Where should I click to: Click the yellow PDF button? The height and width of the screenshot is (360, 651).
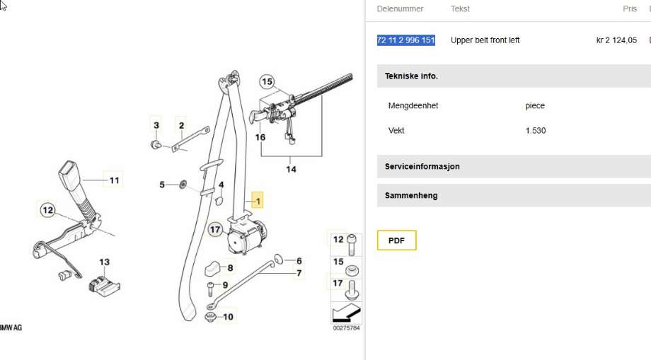tap(396, 240)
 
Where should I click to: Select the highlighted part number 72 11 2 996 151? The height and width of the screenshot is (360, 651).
tap(406, 40)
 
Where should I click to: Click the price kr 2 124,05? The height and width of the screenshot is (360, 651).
tap(616, 40)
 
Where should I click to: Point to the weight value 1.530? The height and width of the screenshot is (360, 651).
tap(536, 130)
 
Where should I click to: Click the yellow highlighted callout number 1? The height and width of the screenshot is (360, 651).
tap(258, 201)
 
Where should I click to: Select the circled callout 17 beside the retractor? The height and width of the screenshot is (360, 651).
tap(215, 229)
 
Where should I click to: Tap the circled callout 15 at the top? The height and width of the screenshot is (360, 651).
tap(267, 82)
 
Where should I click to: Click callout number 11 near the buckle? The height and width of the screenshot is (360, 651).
tap(114, 180)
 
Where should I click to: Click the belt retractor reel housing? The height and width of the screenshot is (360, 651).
tap(246, 237)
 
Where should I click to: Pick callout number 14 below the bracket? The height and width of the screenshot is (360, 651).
tap(291, 169)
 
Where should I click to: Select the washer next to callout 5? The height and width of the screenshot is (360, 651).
tap(183, 184)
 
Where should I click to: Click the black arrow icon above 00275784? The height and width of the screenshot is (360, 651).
tap(347, 313)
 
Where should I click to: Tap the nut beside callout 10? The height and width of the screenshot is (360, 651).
tap(210, 318)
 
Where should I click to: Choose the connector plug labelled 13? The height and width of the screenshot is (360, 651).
tap(104, 285)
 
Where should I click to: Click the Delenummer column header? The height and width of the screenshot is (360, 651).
tap(401, 8)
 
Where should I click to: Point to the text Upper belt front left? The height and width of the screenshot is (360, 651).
tap(485, 40)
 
